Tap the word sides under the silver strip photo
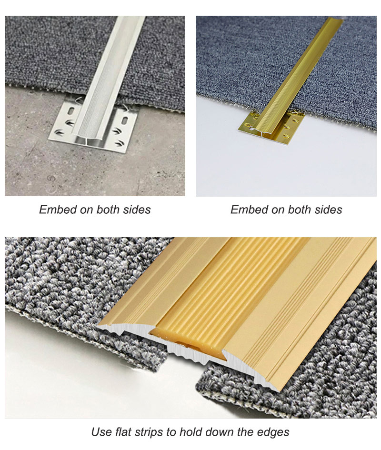point(137,210)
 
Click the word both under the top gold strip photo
point(300,210)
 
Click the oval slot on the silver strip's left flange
point(71,111)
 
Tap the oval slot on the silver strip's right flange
point(125,120)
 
